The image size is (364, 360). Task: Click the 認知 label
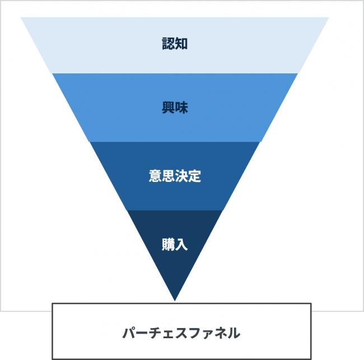pos(175,44)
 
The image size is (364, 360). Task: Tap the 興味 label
pos(175,107)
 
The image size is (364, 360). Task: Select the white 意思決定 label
pos(175,176)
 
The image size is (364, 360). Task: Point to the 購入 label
pos(175,244)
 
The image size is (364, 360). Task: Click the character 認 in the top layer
pos(168,44)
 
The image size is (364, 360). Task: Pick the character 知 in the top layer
pos(181,44)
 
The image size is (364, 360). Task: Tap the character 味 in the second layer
pos(181,107)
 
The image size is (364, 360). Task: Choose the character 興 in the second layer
pos(168,107)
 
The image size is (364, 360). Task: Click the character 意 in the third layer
pos(155,176)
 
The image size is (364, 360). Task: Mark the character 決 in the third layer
pos(181,176)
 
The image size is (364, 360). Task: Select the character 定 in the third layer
pos(194,176)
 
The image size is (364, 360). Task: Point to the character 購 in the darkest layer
pos(168,244)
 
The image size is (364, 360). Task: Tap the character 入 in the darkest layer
pos(181,244)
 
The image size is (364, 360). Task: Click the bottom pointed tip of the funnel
pos(175,301)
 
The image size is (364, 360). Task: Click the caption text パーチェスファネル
pos(181,333)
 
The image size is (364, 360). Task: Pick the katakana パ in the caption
pos(129,333)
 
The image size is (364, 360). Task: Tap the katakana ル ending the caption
pos(234,333)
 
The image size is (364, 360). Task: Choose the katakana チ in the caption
pos(156,333)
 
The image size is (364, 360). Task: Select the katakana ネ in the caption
pos(220,333)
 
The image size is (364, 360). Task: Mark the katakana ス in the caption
pos(181,333)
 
